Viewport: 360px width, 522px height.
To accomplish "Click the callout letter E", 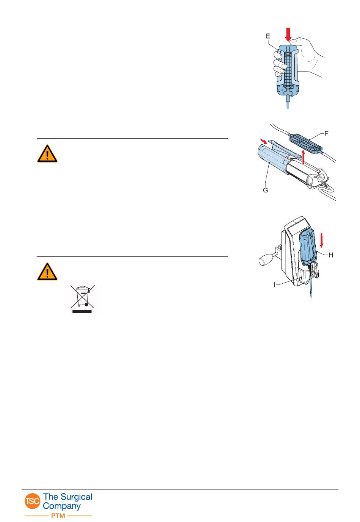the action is pyautogui.click(x=268, y=36).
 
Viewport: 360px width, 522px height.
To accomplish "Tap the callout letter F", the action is pyautogui.click(x=326, y=133).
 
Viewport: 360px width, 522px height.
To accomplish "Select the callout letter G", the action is pyautogui.click(x=265, y=190).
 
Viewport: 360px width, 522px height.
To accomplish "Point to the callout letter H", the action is pyautogui.click(x=330, y=255).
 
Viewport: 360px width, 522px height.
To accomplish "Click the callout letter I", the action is pyautogui.click(x=275, y=284).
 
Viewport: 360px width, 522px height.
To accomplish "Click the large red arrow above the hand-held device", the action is pyautogui.click(x=288, y=34).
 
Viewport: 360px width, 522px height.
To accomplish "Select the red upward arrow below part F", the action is pyautogui.click(x=303, y=157).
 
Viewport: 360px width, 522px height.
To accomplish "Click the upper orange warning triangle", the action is pyautogui.click(x=47, y=154).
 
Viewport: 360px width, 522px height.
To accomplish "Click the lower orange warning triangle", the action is pyautogui.click(x=47, y=272).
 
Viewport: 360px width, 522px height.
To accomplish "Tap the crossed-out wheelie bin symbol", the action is pyautogui.click(x=83, y=296).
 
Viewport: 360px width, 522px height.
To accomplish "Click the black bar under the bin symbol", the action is pyautogui.click(x=82, y=311).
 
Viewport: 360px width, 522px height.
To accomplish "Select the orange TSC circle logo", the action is pyautogui.click(x=33, y=501).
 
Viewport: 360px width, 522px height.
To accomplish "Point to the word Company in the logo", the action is pyautogui.click(x=62, y=506).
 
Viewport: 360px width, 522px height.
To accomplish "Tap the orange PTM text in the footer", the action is pyautogui.click(x=58, y=516).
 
